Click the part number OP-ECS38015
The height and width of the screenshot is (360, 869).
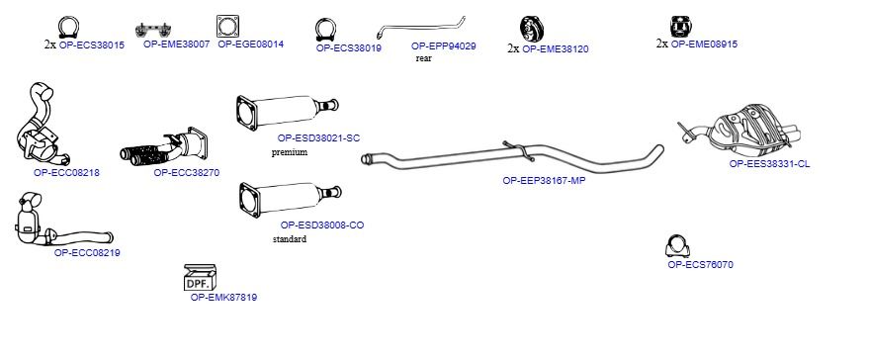click(91, 45)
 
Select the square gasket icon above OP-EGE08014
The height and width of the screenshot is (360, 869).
click(227, 26)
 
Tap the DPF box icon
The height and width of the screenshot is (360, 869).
click(200, 277)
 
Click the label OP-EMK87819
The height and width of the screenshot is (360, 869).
click(223, 298)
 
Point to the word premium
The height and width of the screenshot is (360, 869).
click(290, 152)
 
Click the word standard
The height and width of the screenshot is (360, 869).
click(290, 239)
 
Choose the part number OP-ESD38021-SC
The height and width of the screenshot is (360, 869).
click(318, 138)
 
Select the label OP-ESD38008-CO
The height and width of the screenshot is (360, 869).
click(322, 225)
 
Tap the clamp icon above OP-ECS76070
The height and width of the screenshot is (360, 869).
click(676, 246)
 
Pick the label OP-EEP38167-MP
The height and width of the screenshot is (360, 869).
click(544, 180)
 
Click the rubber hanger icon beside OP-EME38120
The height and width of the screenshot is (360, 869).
click(532, 28)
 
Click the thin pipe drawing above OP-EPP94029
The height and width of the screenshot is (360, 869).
click(420, 27)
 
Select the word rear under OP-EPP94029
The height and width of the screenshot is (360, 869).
click(423, 58)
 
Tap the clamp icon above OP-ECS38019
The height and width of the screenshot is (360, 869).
click(326, 30)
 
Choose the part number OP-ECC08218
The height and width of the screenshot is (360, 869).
click(66, 172)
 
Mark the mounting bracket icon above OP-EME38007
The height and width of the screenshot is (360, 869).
click(153, 29)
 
